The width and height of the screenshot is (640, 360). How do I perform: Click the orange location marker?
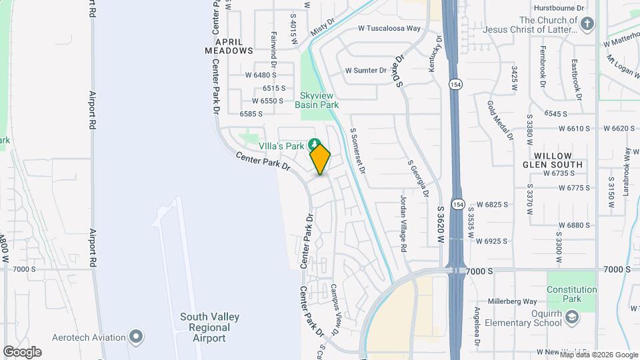click(x=320, y=159)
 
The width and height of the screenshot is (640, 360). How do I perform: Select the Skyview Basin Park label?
click(x=318, y=100)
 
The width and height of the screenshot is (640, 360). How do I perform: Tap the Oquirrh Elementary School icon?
click(x=571, y=319)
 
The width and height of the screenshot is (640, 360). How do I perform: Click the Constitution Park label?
click(x=571, y=294)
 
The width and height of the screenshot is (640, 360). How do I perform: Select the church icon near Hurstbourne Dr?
click(x=587, y=25)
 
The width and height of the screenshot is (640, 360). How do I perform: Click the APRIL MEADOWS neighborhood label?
click(x=229, y=45)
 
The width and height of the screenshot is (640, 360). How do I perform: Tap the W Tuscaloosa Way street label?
click(x=389, y=29)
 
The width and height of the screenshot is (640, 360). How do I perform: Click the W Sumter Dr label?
click(x=365, y=70)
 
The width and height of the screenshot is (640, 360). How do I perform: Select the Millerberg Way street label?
click(x=512, y=301)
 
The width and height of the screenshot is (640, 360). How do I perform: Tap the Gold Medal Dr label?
click(x=501, y=121)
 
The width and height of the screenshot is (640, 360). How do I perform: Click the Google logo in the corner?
click(x=22, y=352)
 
